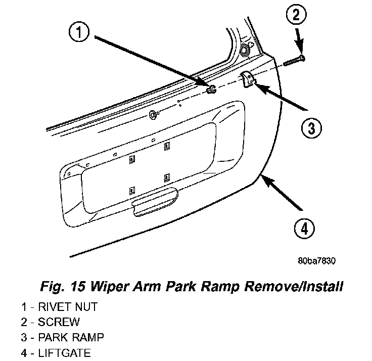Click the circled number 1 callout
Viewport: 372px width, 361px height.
[79, 32]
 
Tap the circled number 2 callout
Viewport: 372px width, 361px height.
[296, 14]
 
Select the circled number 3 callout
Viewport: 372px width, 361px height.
[311, 128]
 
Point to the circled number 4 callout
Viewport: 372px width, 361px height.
[304, 229]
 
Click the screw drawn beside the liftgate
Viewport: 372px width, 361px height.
[294, 61]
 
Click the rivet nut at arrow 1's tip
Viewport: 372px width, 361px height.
[211, 89]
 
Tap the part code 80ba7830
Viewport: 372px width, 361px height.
[317, 261]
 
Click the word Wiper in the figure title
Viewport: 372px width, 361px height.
[109, 286]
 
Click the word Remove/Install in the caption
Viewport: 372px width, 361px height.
[294, 286]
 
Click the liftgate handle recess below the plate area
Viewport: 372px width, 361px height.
[155, 202]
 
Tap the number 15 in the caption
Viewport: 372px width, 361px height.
[77, 287]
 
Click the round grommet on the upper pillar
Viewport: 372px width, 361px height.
[244, 51]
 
